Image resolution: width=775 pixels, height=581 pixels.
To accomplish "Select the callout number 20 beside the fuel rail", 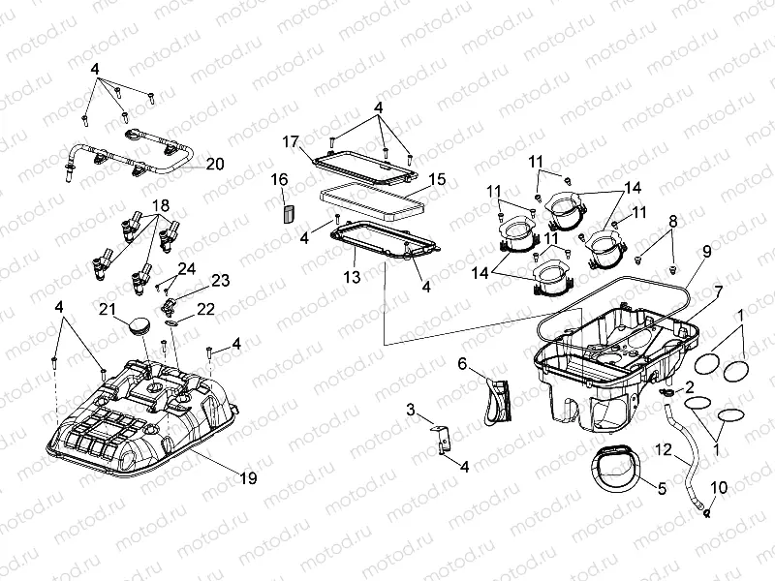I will tap(214, 164).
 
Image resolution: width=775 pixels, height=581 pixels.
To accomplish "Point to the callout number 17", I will tap(290, 142).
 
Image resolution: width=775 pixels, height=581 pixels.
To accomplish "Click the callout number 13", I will tap(353, 277).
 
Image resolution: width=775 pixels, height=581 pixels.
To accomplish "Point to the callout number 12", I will tap(662, 449).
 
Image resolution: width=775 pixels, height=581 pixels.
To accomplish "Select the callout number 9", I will tap(706, 252).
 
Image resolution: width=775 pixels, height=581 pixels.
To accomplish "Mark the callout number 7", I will tap(718, 290).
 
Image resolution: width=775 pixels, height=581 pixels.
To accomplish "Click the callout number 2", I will tap(689, 385).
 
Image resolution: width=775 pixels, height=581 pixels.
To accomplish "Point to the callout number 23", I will tap(220, 281).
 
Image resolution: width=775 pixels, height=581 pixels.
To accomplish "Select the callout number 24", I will tap(187, 267).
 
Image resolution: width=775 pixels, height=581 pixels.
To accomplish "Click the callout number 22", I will tap(205, 309).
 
